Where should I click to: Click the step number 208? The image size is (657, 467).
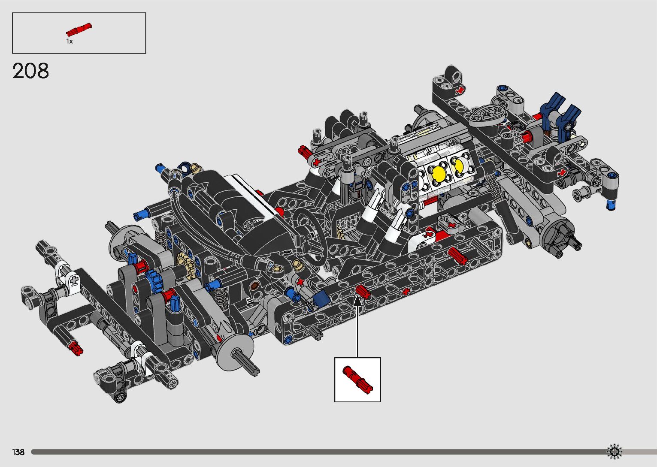click(x=30, y=71)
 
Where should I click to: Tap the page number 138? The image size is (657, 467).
click(x=18, y=452)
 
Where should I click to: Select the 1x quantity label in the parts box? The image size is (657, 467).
click(x=70, y=41)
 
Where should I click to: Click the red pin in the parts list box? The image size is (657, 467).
click(x=79, y=30)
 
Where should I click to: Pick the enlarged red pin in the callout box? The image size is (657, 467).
click(x=357, y=379)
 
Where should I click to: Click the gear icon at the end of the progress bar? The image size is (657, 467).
click(x=614, y=452)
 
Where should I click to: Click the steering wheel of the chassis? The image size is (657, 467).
click(x=310, y=235)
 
